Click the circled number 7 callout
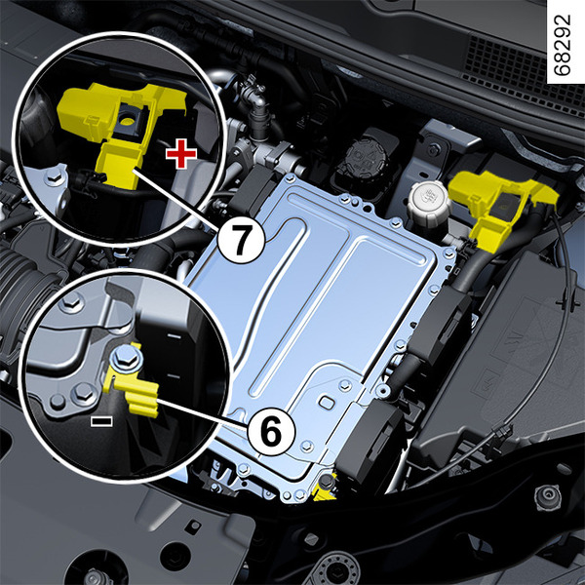tap(241, 240)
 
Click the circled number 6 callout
tap(271, 432)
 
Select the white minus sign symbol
tap(101, 421)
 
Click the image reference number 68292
tap(564, 45)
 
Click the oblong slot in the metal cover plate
tap(327, 403)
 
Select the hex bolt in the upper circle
tap(54, 176)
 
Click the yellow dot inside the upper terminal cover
tap(127, 121)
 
